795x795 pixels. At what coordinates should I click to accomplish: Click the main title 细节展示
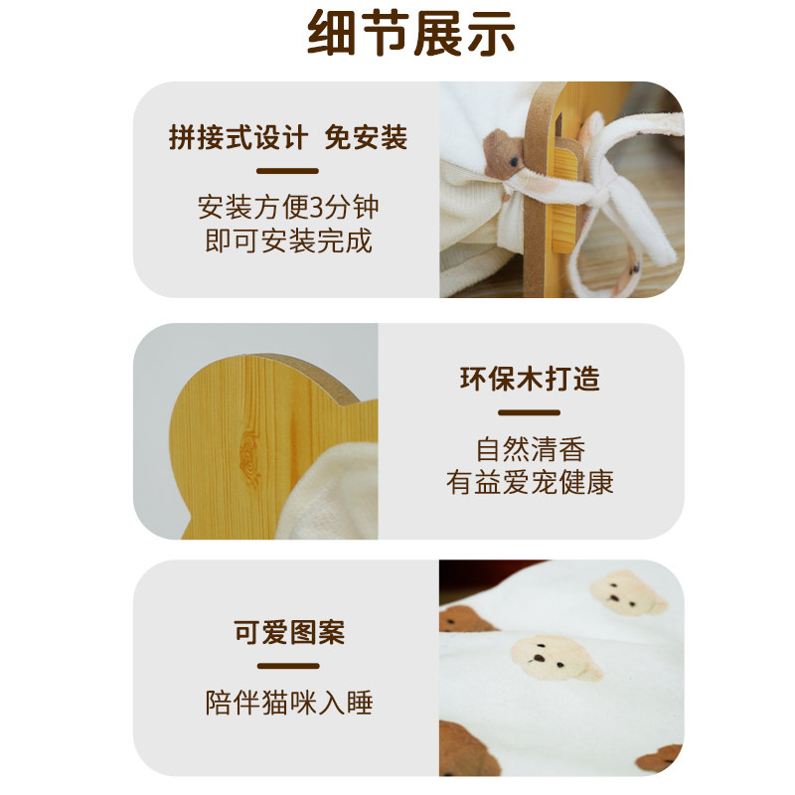[410, 37]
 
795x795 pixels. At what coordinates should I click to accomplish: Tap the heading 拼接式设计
[238, 137]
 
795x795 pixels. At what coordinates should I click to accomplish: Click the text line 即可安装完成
[289, 241]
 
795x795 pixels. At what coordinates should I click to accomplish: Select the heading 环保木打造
[530, 380]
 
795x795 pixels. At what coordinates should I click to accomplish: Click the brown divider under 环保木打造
[530, 412]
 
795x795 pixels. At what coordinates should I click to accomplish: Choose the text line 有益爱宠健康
[530, 483]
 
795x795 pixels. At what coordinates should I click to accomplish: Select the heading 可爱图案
[288, 632]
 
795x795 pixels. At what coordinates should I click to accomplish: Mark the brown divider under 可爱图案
[288, 666]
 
